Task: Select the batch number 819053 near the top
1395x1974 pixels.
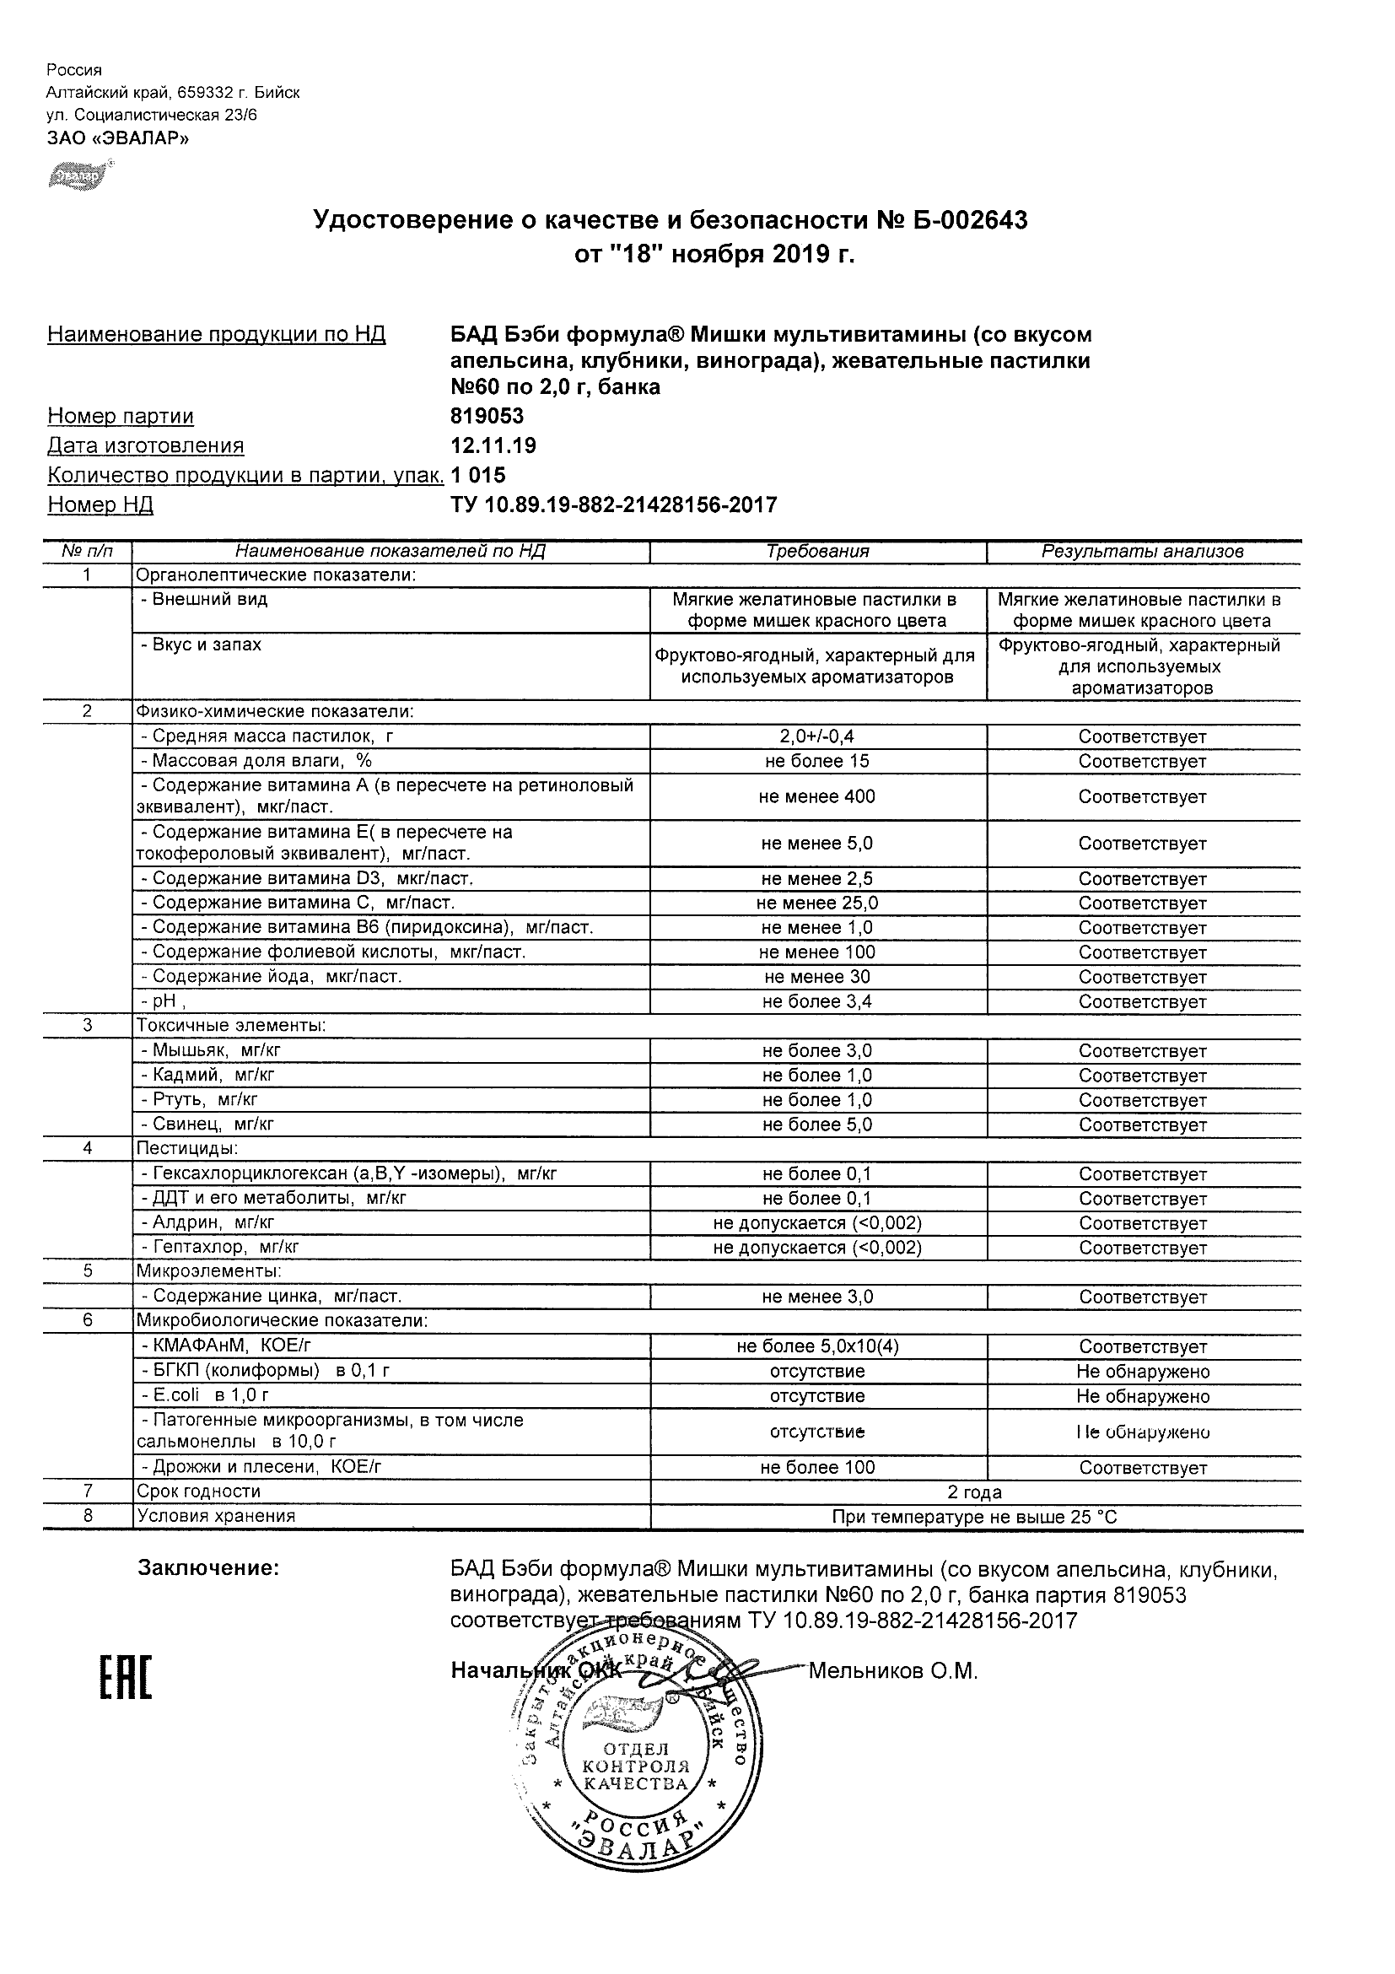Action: pos(487,416)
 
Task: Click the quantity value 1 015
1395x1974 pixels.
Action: pos(479,475)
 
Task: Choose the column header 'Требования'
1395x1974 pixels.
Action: pos(817,552)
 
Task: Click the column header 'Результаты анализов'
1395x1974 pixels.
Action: pos(1142,552)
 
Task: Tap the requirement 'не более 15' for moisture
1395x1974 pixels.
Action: pos(817,761)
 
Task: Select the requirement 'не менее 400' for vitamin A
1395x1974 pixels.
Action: pos(817,797)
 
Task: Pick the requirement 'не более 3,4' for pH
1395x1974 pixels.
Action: pos(817,1001)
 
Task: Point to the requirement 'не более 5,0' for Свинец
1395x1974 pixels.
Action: pos(817,1125)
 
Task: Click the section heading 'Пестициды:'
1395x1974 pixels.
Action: pos(186,1149)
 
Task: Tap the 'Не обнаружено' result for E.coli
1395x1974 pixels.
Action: pos(1142,1396)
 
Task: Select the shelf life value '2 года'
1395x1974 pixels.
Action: pos(975,1492)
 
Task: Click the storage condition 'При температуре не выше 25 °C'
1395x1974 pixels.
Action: pos(975,1518)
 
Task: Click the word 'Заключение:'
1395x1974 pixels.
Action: pos(208,1568)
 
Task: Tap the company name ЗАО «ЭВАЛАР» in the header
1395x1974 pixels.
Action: pos(118,138)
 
